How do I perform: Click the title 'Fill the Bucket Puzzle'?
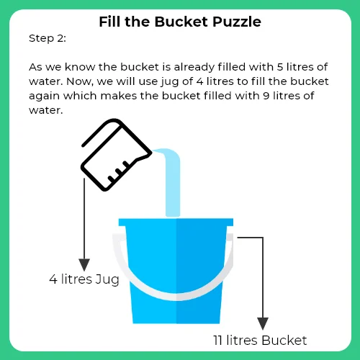[179, 22]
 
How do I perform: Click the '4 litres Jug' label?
[84, 279]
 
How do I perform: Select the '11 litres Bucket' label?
[260, 340]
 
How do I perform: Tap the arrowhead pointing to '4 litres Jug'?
[85, 264]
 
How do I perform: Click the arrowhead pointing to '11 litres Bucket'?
[264, 323]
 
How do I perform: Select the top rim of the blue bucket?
[176, 221]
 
